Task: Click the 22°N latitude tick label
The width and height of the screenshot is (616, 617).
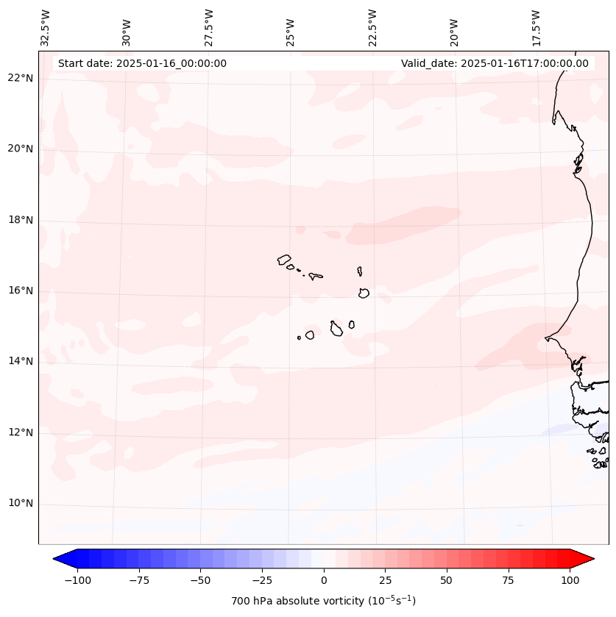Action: [21, 78]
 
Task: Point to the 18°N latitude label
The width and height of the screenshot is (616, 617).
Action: [21, 220]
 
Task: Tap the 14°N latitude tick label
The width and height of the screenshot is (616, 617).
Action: [21, 361]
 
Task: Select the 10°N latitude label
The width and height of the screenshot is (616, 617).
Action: [21, 504]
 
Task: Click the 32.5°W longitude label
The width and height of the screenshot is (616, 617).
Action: [46, 27]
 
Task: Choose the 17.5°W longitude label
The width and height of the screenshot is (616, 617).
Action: [536, 27]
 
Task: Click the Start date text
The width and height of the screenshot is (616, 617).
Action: [142, 63]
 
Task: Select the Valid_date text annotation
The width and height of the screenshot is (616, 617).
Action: [495, 63]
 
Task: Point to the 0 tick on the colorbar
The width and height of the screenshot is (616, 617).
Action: [324, 580]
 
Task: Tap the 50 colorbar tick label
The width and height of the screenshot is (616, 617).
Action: [447, 580]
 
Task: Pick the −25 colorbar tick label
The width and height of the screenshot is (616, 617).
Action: [262, 580]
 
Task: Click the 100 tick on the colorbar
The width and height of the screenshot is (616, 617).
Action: [570, 580]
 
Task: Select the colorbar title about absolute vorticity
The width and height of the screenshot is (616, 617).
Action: [324, 601]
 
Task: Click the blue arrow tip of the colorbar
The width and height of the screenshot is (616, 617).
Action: [56, 559]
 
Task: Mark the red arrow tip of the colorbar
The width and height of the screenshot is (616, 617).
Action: [592, 559]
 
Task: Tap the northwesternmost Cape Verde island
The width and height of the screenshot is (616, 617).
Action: [284, 260]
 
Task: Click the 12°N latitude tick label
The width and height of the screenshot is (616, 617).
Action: [21, 432]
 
